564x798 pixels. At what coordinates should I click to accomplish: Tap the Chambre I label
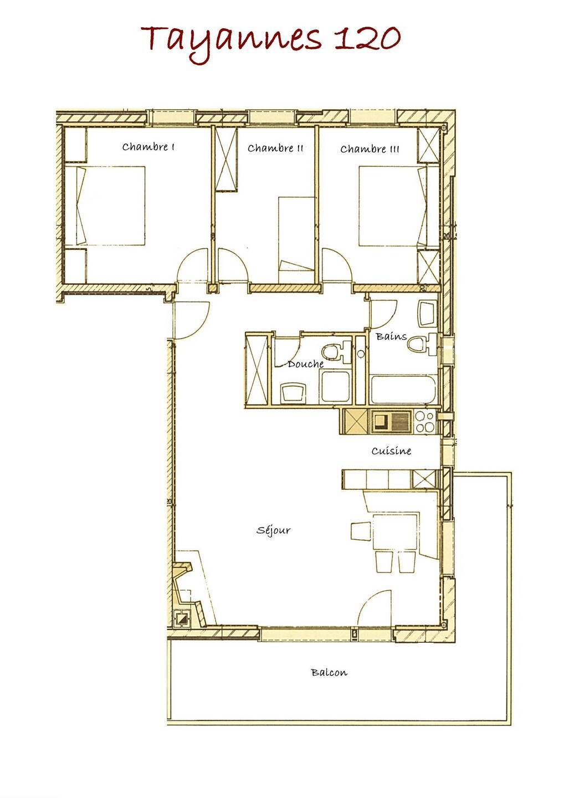[148, 147]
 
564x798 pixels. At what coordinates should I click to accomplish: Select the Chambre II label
[275, 148]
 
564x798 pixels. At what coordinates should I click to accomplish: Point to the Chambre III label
[370, 149]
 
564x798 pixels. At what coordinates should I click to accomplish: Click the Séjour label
[274, 530]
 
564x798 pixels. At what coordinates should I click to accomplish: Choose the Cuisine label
[391, 451]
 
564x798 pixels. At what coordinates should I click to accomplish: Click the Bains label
[391, 336]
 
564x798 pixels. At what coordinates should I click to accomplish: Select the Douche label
[306, 364]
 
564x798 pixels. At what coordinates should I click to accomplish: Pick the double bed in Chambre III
[398, 206]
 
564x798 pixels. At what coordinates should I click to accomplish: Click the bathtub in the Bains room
[403, 389]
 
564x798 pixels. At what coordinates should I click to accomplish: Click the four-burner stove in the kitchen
[424, 422]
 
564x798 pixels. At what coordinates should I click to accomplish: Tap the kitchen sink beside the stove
[391, 422]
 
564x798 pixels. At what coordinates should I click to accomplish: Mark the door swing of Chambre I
[192, 264]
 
